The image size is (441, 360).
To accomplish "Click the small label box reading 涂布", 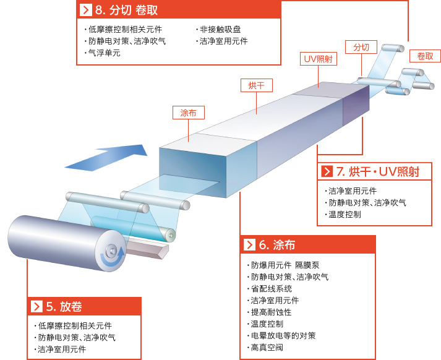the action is point(189,113).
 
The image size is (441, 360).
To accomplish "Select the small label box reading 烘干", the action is point(257,85).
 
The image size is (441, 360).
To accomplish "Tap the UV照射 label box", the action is point(319,59).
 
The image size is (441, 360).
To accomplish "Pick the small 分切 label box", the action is point(361,47).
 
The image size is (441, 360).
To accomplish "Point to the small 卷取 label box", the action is point(425,56).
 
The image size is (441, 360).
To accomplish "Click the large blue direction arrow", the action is point(106,158).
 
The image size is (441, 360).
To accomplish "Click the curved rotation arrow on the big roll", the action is point(113,257).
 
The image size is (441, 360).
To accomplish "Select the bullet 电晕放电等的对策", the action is point(281,336).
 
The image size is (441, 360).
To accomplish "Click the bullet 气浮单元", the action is point(103,53).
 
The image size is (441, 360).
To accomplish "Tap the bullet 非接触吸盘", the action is point(218,29).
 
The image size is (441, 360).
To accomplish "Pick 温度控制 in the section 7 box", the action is point(343,215).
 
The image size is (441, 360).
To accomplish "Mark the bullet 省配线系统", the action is point(270,289).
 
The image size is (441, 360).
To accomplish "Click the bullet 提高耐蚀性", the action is point(269,312).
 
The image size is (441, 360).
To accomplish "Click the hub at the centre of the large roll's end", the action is point(112,250).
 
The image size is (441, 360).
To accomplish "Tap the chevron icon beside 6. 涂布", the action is point(249,245).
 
